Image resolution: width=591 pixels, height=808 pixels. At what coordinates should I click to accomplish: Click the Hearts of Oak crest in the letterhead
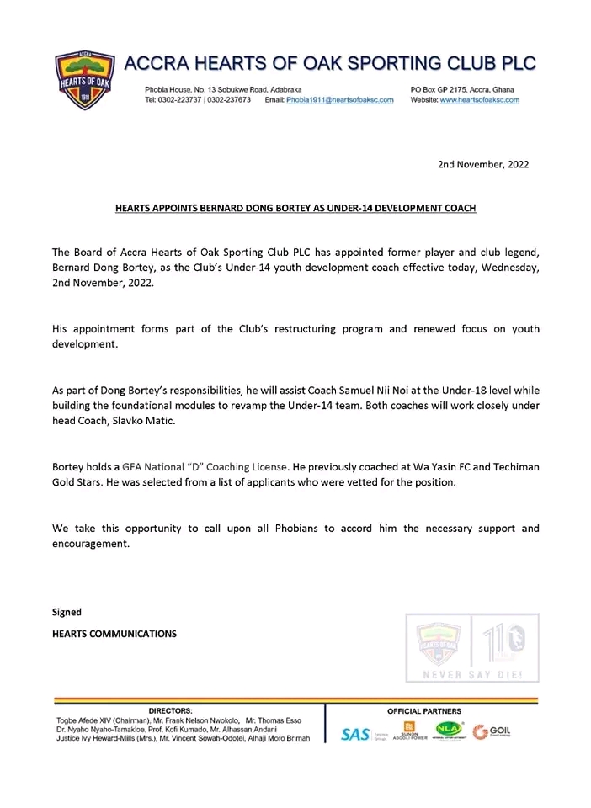pos(80,80)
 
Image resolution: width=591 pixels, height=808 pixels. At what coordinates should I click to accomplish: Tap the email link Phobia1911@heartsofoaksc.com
pos(340,100)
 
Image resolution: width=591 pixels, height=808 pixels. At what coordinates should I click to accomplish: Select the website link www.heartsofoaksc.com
pos(479,100)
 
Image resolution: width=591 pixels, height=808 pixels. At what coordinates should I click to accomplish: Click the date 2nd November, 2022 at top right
pos(483,165)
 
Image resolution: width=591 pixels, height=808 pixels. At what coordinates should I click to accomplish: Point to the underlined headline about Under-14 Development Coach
pos(295,206)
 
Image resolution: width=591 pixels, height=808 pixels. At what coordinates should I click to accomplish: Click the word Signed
pos(67,612)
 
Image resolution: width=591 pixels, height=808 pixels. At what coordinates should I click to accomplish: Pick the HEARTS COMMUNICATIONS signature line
pos(114,634)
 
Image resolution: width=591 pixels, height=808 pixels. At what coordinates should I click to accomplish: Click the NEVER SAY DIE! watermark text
pos(472,675)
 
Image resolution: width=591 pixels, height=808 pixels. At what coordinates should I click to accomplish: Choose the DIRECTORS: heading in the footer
pos(170,711)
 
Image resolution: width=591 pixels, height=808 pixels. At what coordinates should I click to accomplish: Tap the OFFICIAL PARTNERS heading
pos(424,711)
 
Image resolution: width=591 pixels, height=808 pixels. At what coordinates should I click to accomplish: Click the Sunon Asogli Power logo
pos(410,731)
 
